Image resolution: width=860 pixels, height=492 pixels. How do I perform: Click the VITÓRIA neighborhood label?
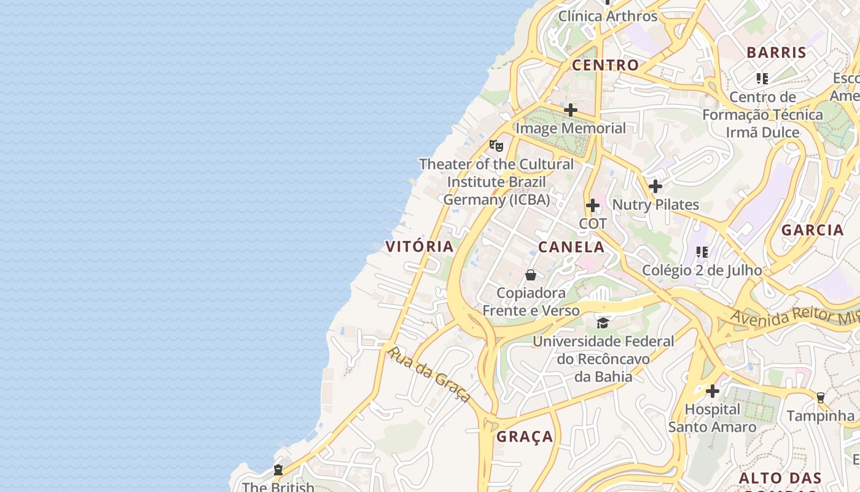pyautogui.click(x=420, y=247)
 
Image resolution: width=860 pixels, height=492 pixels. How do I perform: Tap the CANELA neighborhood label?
pyautogui.click(x=571, y=247)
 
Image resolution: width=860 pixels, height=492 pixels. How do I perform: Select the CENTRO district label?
pyautogui.click(x=606, y=65)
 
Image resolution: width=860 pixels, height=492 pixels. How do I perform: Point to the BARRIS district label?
pyautogui.click(x=776, y=53)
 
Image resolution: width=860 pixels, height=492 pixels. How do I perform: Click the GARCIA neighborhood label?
pyautogui.click(x=813, y=231)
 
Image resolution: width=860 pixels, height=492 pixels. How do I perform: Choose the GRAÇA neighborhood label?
pyautogui.click(x=525, y=437)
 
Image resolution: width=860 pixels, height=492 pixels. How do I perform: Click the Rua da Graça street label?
pyautogui.click(x=429, y=373)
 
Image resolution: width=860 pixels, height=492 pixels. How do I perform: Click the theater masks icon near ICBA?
pyautogui.click(x=496, y=146)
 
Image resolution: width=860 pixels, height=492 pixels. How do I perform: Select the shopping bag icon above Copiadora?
pyautogui.click(x=531, y=275)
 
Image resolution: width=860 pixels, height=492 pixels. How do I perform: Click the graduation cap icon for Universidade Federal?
pyautogui.click(x=603, y=323)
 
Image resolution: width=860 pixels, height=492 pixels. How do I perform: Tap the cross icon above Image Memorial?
pyautogui.click(x=571, y=110)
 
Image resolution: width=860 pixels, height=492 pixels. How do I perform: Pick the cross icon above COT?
pyautogui.click(x=593, y=205)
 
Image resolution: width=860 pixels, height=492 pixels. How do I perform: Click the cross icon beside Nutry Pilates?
pyautogui.click(x=655, y=186)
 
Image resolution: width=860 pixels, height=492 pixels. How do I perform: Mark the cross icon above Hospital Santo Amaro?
pyautogui.click(x=713, y=391)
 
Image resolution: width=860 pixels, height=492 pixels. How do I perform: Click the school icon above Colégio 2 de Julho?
pyautogui.click(x=702, y=252)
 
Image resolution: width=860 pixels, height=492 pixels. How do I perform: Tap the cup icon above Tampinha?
pyautogui.click(x=820, y=398)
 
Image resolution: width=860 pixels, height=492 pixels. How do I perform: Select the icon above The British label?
pyautogui.click(x=278, y=470)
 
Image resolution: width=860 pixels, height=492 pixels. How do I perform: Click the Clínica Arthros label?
pyautogui.click(x=608, y=17)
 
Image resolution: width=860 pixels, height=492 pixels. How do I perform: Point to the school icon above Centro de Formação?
pyautogui.click(x=762, y=79)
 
